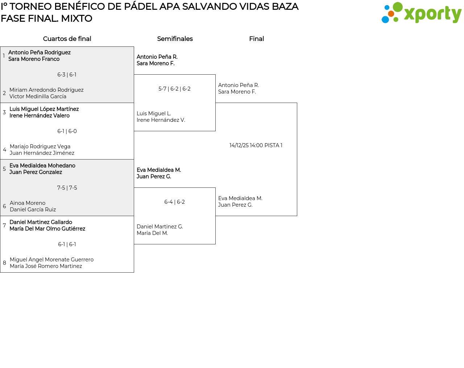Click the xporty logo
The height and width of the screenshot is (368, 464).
421,13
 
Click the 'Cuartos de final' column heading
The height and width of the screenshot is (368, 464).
67,39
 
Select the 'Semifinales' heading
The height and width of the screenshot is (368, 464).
175,39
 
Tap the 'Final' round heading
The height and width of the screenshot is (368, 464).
256,39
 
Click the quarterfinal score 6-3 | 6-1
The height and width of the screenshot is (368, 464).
67,75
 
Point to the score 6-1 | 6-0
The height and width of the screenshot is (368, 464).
67,131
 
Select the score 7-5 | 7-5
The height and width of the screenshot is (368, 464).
67,188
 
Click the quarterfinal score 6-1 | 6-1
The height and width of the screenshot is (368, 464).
67,244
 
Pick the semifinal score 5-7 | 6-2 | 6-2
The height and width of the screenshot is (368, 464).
174,89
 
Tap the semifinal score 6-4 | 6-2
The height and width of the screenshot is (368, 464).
174,202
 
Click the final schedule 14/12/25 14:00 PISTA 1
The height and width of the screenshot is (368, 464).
256,145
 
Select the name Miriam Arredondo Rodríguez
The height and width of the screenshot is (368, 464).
46,90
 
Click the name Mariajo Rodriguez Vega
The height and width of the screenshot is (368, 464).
40,146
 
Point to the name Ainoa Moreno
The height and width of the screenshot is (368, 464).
28,203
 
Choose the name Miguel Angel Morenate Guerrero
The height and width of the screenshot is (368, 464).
51,260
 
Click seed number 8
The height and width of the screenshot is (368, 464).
4,263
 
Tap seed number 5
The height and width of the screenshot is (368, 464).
4,169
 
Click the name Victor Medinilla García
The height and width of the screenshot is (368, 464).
38,96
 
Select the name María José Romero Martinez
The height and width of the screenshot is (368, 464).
46,266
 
